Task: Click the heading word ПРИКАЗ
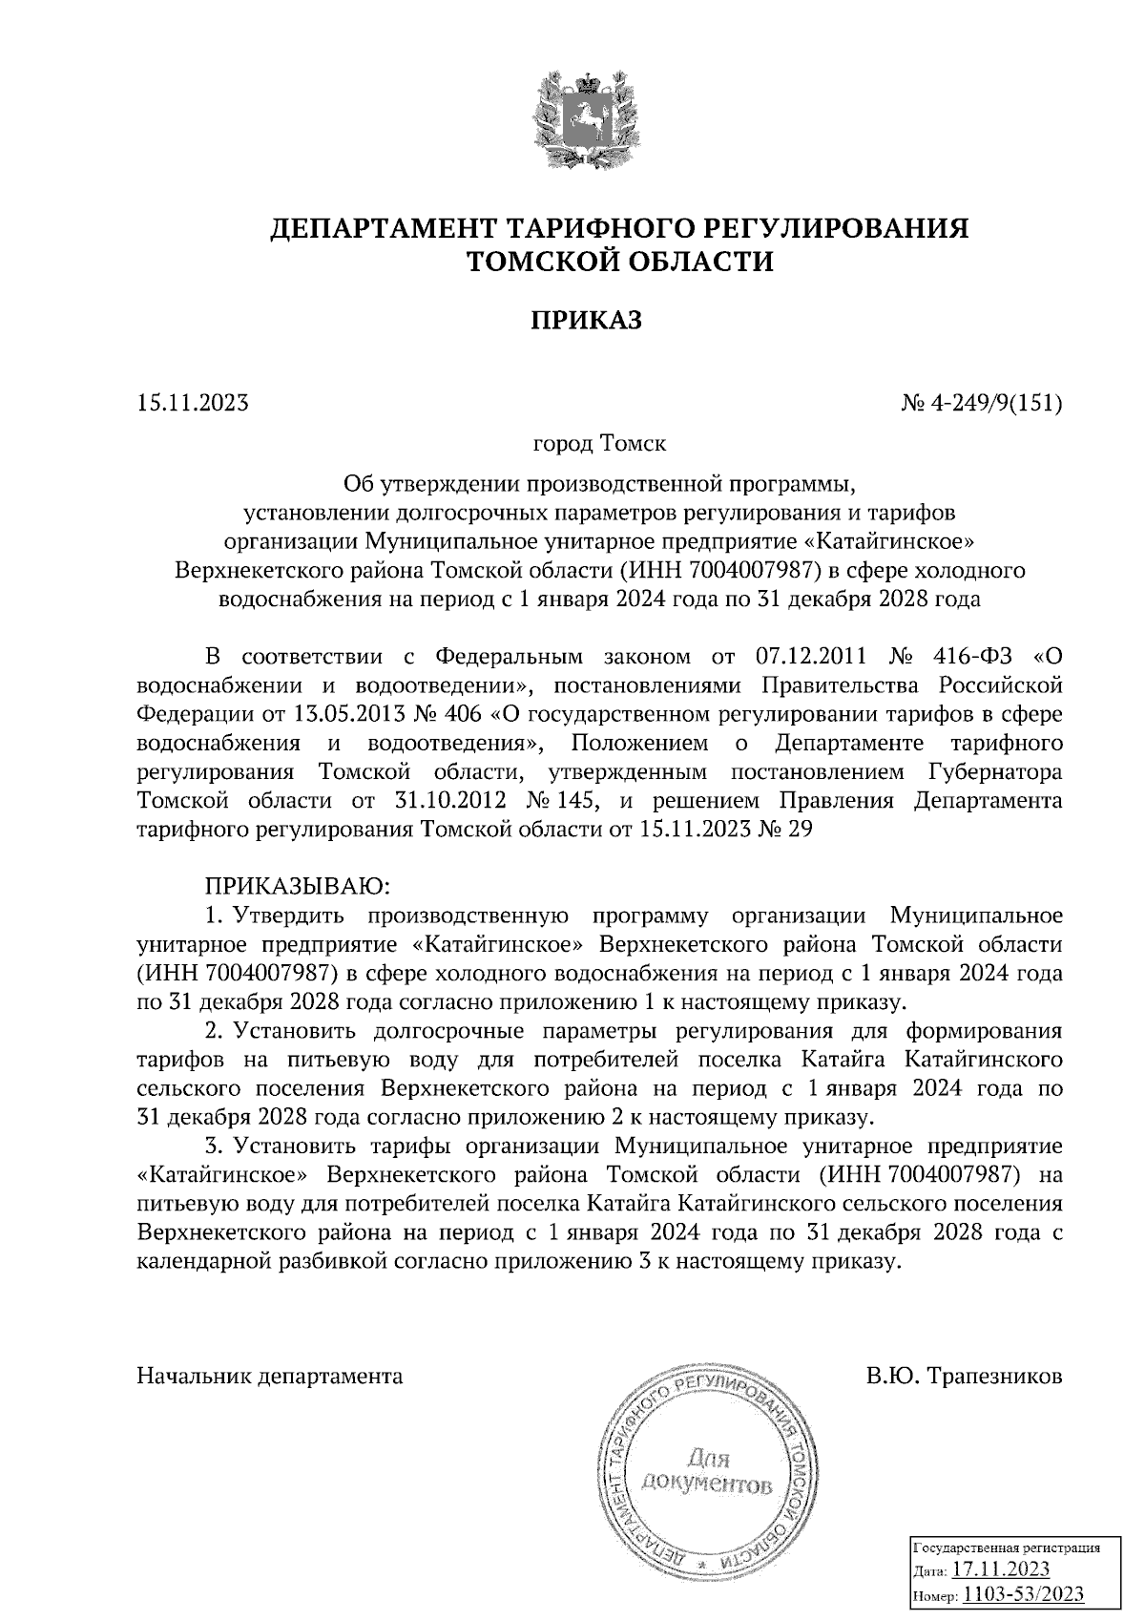point(586,320)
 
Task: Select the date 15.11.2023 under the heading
point(193,403)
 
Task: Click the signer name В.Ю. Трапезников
point(965,1377)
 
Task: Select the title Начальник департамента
point(270,1377)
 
